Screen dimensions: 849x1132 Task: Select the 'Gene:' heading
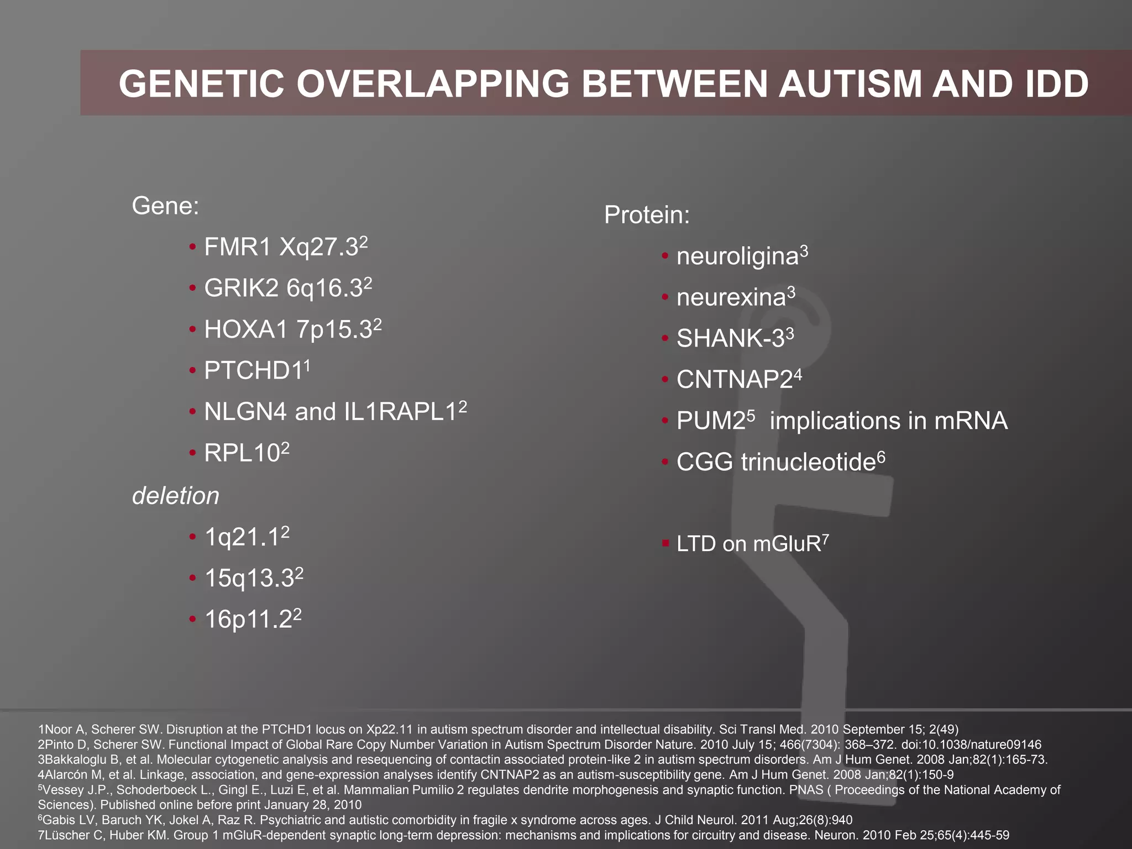[x=165, y=206]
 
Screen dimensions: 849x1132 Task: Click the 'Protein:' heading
[x=647, y=214]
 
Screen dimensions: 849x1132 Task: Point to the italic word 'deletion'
[x=176, y=496]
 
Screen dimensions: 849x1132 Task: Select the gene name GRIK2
[x=242, y=288]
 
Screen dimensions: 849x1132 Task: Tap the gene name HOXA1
[x=246, y=329]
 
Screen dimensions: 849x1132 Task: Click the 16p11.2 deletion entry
[x=248, y=620]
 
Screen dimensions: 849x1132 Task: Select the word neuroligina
[x=738, y=256]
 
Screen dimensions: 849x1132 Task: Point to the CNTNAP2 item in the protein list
[x=735, y=380]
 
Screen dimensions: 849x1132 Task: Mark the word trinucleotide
[x=808, y=462]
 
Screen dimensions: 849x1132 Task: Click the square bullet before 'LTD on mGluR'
[x=665, y=543]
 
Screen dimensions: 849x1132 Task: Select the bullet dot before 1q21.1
[x=192, y=536]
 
